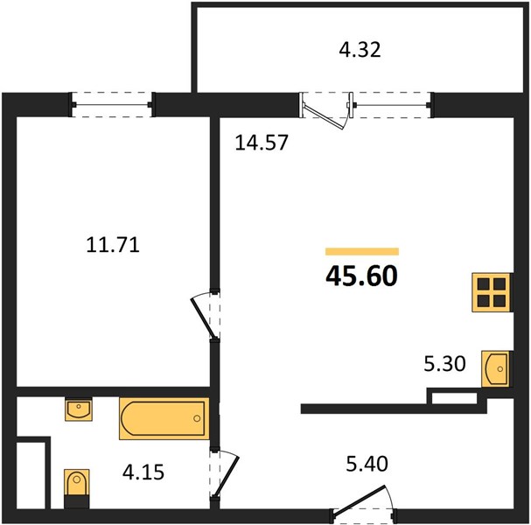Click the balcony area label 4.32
coord(360,50)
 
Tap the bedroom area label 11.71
coord(113,244)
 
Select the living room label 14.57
coord(262,142)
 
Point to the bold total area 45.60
coord(361,276)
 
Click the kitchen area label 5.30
coord(444,364)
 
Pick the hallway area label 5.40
coord(367,464)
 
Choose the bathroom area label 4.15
coord(143,472)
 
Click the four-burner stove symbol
coord(492,292)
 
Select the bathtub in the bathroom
coord(164,418)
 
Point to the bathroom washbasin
coord(79,409)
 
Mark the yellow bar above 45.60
coord(362,251)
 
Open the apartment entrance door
coord(360,502)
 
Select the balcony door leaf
coord(323,117)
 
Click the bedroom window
coord(112,105)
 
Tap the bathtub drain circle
coord(197,418)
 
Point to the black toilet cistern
coord(77,502)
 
